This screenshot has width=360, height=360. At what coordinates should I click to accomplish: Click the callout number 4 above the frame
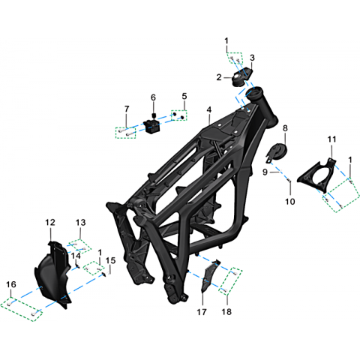(209, 109)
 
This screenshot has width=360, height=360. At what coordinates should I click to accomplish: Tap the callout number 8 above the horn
(285, 128)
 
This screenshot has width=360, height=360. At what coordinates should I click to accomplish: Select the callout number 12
(50, 222)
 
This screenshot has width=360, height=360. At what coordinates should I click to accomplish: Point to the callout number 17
(202, 312)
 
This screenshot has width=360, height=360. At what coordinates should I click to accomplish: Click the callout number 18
(226, 312)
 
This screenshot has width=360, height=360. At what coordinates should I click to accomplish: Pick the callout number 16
(11, 284)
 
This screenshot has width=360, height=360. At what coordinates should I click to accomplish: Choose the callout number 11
(331, 139)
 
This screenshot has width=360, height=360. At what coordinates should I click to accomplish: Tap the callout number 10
(290, 202)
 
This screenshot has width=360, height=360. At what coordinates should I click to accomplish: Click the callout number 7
(127, 109)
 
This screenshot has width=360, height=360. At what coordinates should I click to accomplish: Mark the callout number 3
(252, 58)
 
